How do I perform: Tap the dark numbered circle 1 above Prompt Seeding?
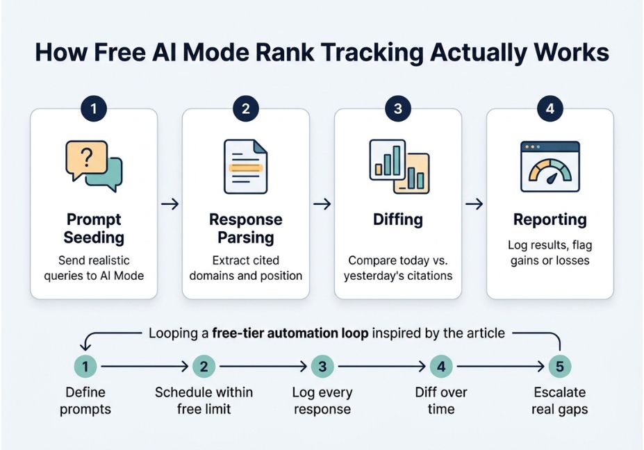point(94,108)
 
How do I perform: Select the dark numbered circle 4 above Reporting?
point(550,108)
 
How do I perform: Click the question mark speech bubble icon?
point(94,166)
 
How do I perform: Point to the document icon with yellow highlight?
point(246,167)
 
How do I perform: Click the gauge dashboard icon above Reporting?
point(550,167)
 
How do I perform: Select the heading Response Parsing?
point(246,228)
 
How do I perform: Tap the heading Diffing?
point(398,219)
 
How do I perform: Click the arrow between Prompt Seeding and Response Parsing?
point(170,204)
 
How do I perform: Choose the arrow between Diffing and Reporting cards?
point(474,204)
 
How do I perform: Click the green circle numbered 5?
point(560,366)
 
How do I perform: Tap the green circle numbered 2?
point(204,366)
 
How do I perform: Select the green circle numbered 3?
point(322,366)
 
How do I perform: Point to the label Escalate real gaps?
point(560,401)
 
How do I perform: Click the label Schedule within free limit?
point(204,401)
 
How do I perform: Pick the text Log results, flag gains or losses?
point(550,253)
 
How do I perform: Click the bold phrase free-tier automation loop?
point(290,333)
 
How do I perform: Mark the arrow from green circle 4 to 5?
point(500,366)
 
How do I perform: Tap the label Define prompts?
point(85,401)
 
